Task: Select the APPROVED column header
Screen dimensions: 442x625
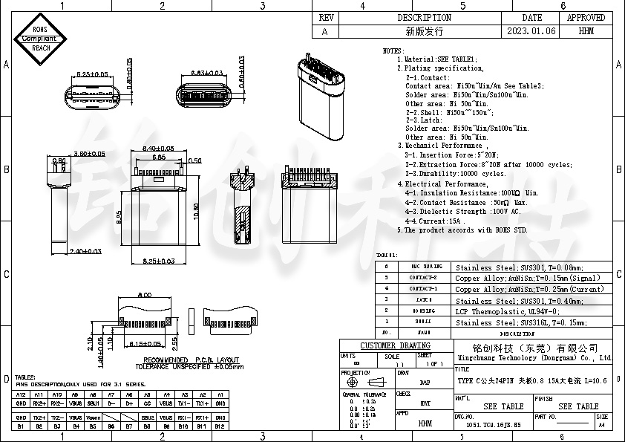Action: (586, 17)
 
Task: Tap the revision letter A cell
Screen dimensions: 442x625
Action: (324, 31)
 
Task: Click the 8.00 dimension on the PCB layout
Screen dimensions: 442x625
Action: (145, 294)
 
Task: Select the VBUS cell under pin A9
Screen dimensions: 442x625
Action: (75, 404)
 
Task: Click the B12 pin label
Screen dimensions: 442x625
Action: (220, 426)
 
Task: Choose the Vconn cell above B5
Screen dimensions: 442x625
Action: (93, 417)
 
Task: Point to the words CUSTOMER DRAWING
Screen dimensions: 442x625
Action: (396, 346)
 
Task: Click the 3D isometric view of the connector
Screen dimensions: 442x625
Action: (323, 97)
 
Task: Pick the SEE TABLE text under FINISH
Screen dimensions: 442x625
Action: (578, 406)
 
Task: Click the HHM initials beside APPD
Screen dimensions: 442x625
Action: (425, 423)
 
